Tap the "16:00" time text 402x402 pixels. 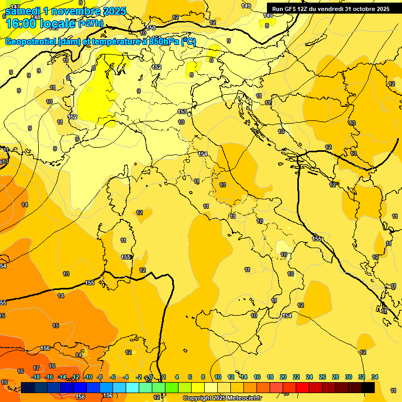tap(21, 24)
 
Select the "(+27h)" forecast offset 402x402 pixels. tap(91, 24)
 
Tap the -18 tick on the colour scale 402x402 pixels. tap(36, 377)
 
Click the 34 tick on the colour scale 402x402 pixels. tap(374, 377)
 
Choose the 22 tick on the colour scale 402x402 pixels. tap(296, 377)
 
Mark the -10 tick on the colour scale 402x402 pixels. tap(88, 377)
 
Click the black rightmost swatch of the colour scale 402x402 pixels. tap(368, 387)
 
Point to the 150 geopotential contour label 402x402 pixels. tap(151, 28)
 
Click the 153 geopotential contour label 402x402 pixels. tap(182, 111)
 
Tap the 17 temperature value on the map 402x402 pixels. tap(36, 368)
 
